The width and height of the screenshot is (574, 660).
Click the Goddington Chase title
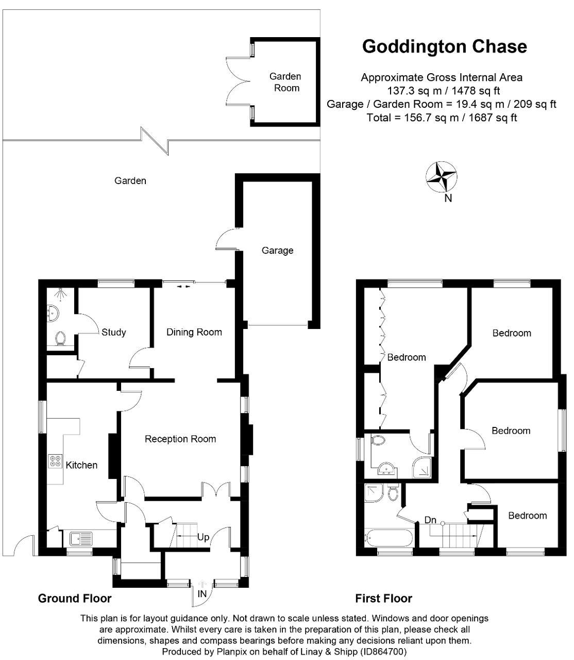(445, 46)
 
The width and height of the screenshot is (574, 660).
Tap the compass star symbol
(441, 177)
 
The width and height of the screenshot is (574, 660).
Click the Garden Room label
(285, 82)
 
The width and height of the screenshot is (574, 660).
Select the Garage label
(278, 250)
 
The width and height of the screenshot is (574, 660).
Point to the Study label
(113, 332)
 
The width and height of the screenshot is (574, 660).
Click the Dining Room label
(194, 332)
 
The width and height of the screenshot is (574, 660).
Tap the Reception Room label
(180, 439)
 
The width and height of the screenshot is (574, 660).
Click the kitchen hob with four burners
(55, 461)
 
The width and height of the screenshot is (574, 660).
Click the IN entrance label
(202, 593)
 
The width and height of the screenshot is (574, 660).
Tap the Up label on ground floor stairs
(203, 537)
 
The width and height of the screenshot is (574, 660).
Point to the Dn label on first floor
(430, 520)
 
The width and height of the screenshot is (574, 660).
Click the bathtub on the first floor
(389, 538)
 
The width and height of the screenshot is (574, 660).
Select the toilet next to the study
(60, 338)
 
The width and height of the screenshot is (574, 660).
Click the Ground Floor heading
(75, 599)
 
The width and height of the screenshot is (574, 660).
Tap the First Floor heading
(383, 599)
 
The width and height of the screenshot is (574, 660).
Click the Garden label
(130, 180)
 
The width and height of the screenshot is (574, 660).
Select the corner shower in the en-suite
(421, 468)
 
